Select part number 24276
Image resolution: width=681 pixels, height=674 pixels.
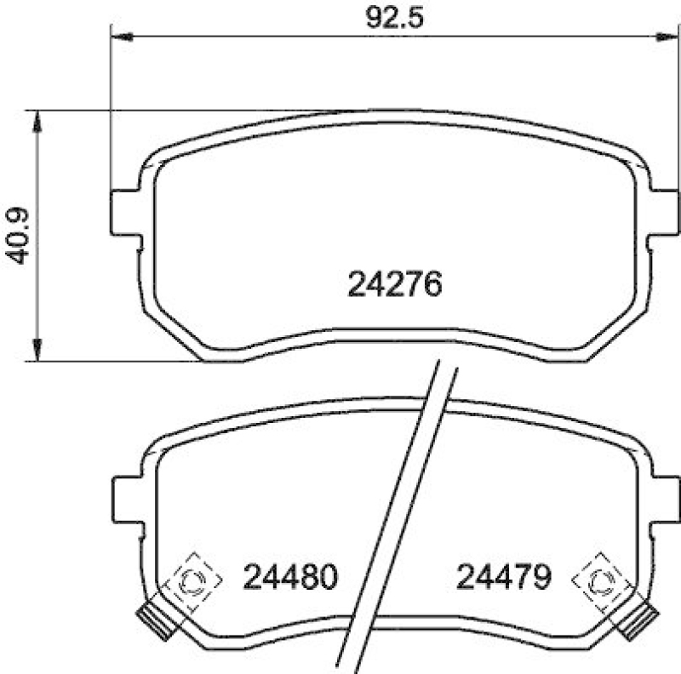click(x=395, y=284)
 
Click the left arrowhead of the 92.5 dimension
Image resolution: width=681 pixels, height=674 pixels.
click(x=123, y=37)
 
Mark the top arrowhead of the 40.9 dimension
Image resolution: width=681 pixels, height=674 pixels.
click(x=36, y=122)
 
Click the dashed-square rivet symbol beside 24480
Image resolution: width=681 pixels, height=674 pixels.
click(x=194, y=581)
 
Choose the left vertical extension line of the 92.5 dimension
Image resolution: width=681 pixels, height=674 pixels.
click(x=112, y=111)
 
